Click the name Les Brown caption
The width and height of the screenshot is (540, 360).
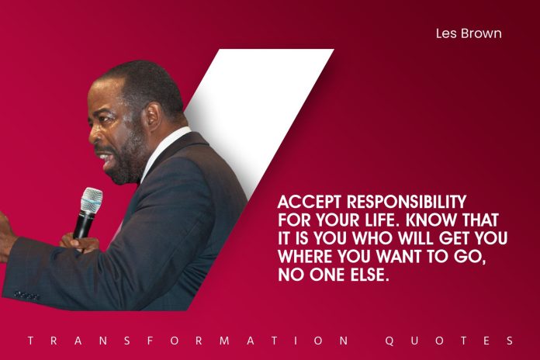469,33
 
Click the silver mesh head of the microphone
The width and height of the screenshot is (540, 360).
91,199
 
